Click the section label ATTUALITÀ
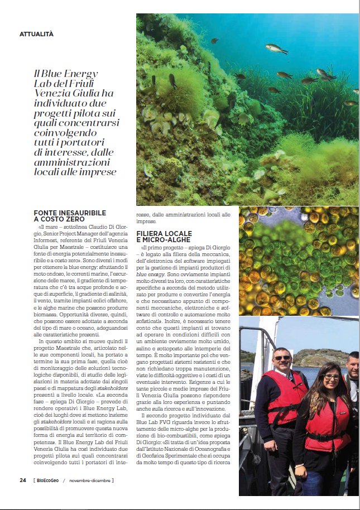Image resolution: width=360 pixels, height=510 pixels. (x=36, y=34)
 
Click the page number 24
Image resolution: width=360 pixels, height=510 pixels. (x=23, y=480)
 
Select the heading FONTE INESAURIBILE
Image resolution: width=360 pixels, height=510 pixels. (x=70, y=213)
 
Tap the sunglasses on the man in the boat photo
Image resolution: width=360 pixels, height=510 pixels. (x=282, y=358)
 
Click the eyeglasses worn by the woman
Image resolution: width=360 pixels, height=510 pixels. (x=332, y=377)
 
